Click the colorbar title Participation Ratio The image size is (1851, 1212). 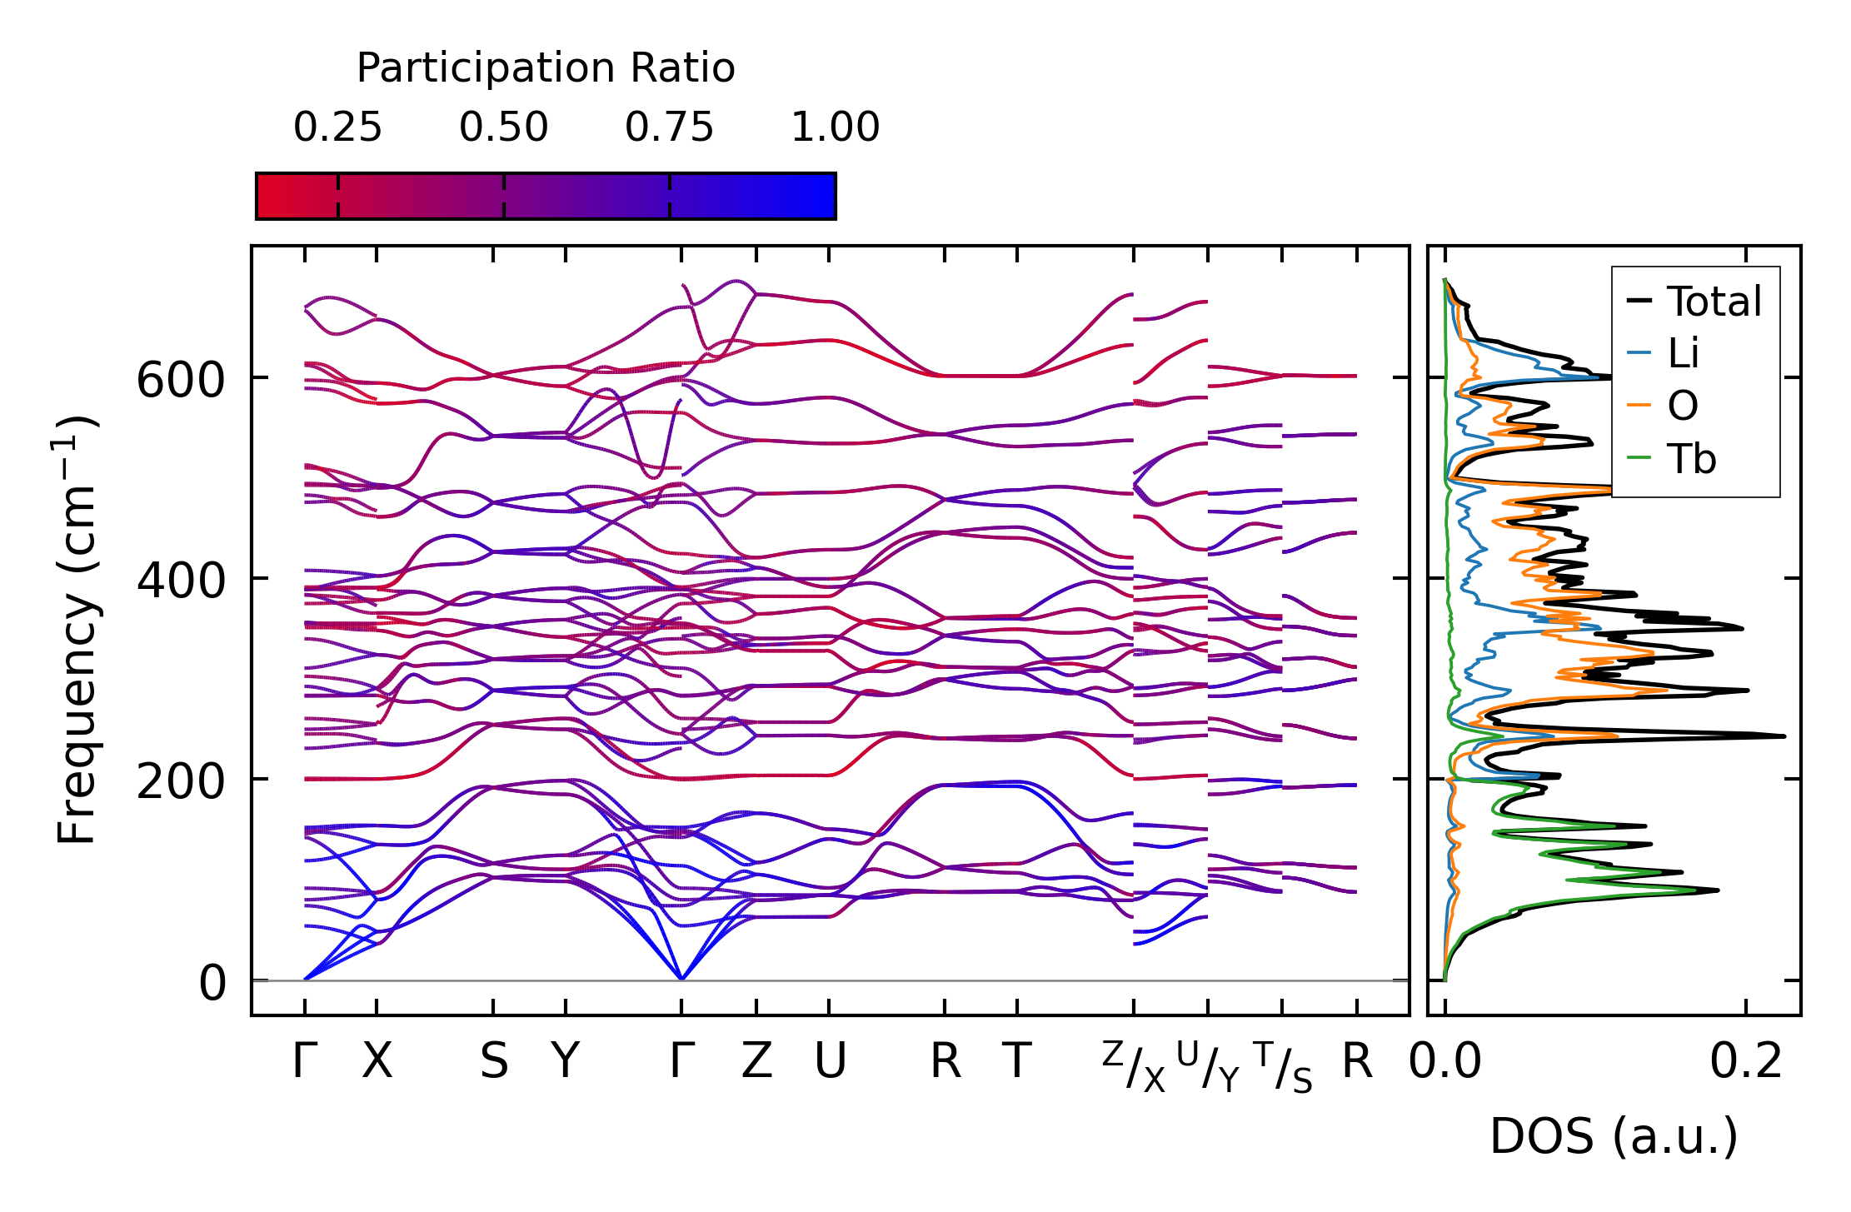[546, 68]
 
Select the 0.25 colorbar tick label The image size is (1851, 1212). [337, 127]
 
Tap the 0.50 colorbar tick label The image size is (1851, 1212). [503, 127]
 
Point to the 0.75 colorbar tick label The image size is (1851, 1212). [669, 127]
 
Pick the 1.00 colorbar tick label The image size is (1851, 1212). [835, 127]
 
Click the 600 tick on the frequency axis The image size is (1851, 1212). [180, 382]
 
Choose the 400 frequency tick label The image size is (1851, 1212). [180, 581]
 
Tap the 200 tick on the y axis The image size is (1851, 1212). [180, 782]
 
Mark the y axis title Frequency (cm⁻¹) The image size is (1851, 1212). [77, 630]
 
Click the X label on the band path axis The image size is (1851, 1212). [377, 1061]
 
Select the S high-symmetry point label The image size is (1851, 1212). [493, 1061]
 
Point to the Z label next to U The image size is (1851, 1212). [756, 1061]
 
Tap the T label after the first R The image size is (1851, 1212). [1016, 1061]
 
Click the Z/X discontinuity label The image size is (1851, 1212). [1134, 1067]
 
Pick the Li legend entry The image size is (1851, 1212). [1683, 354]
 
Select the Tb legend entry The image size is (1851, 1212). [1691, 459]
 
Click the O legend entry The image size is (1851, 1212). [1682, 406]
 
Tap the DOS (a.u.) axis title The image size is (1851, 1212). [1614, 1136]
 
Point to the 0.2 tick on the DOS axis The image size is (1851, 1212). [1746, 1061]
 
